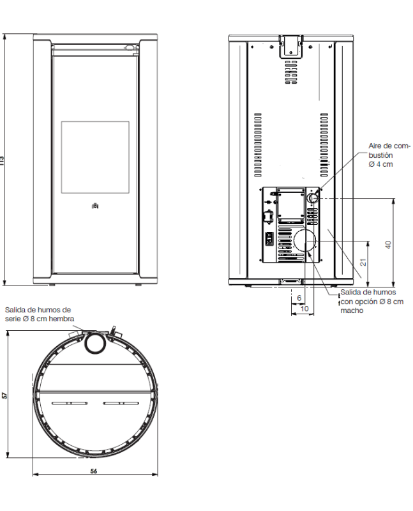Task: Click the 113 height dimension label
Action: (x=2, y=160)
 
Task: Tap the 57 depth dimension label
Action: (x=4, y=395)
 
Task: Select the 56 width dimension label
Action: (x=94, y=471)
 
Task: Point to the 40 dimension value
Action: (x=388, y=245)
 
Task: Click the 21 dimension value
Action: (x=363, y=262)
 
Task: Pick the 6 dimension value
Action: (x=299, y=298)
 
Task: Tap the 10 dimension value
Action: (x=304, y=309)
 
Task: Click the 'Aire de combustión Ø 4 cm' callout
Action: (x=389, y=155)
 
